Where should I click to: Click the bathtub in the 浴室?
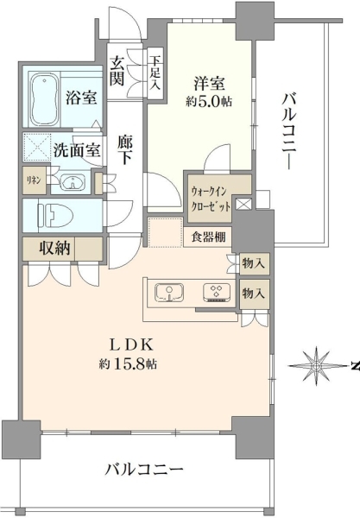click(x=45, y=99)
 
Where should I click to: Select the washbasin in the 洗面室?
click(x=73, y=182)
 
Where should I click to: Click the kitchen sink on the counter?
click(x=169, y=293)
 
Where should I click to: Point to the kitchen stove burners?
click(x=217, y=293)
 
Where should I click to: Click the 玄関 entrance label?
click(x=117, y=71)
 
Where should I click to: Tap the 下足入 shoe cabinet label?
click(x=155, y=73)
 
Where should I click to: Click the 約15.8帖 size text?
click(x=128, y=364)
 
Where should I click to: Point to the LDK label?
click(x=131, y=345)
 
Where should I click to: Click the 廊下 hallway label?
click(x=125, y=150)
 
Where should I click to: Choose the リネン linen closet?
click(x=34, y=180)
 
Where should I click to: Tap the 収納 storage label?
click(x=54, y=248)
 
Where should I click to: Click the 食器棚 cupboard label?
click(x=208, y=237)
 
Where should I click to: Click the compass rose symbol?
click(x=316, y=366)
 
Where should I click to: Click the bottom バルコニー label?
click(x=144, y=469)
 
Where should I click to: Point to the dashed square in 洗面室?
click(x=37, y=147)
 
